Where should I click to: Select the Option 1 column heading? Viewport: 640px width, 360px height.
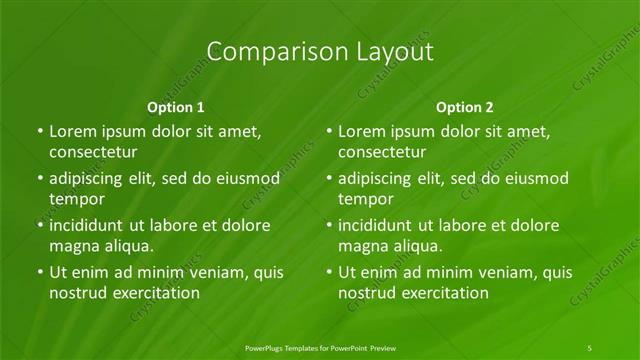176,106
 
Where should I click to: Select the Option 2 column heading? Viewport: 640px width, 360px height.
465,106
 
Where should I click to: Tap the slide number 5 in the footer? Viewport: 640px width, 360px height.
591,347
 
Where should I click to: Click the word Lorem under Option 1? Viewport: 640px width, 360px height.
74,130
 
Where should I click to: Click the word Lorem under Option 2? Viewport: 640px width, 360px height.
363,130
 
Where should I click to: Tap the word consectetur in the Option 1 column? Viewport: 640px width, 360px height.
93,152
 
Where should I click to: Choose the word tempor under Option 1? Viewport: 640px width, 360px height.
77,199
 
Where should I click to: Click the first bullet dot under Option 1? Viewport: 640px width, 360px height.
39,131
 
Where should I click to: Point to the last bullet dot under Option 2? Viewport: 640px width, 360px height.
328,272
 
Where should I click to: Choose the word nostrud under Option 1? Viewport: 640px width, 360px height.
79,293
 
